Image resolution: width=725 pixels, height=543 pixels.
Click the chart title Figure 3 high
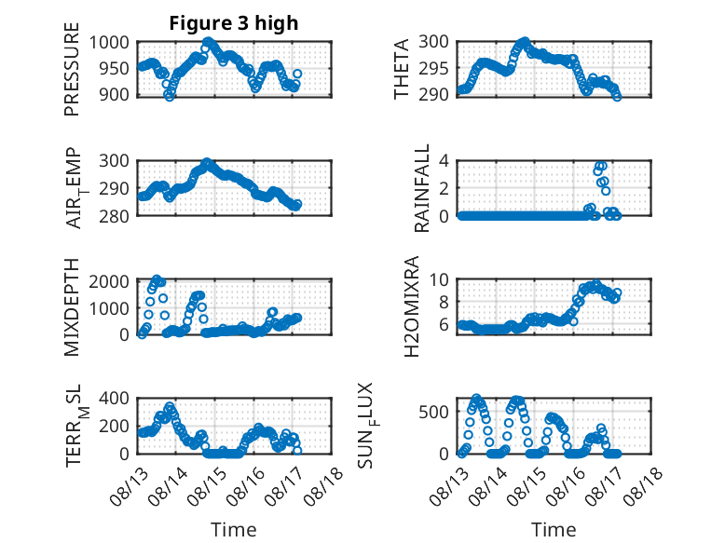coord(234,23)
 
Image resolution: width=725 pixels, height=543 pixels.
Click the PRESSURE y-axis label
coord(72,69)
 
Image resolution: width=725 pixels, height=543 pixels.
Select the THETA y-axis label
coord(402,69)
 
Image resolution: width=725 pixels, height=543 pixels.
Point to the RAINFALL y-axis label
coord(422,188)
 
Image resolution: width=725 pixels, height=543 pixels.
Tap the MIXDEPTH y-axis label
coord(72,307)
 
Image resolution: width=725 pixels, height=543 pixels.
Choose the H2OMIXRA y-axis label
coord(411,306)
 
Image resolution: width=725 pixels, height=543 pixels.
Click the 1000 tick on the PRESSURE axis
coord(109,43)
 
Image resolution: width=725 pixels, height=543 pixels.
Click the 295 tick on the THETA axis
coord(433,68)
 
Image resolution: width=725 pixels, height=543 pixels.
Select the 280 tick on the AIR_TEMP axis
coord(114,216)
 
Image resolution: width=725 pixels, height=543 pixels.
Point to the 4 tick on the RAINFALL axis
coord(444,161)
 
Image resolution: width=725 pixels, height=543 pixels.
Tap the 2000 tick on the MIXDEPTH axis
coord(109,281)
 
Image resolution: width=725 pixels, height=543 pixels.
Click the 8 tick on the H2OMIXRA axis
coord(444,302)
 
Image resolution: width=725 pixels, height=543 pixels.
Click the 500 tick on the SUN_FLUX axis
coord(433,412)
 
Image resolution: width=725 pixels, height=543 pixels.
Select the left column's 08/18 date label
coord(323,485)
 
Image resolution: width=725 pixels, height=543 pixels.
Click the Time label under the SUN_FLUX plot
coord(554,530)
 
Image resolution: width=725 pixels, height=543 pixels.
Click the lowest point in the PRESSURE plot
coord(170,97)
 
